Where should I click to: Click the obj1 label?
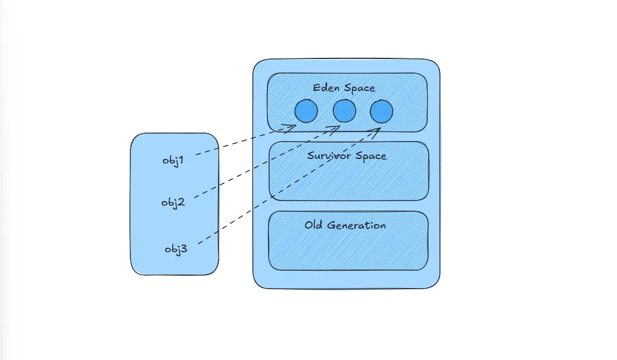pos(173,161)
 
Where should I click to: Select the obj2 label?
pos(173,202)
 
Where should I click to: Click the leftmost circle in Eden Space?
pos(306,111)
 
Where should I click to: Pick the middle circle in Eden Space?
pos(344,111)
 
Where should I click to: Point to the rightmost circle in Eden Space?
pos(382,111)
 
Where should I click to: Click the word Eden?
pos(325,88)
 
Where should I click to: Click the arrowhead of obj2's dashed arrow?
pos(337,129)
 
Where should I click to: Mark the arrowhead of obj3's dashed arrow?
pos(376,131)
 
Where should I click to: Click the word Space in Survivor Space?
pos(371,156)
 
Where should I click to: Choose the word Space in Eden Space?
pos(360,88)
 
